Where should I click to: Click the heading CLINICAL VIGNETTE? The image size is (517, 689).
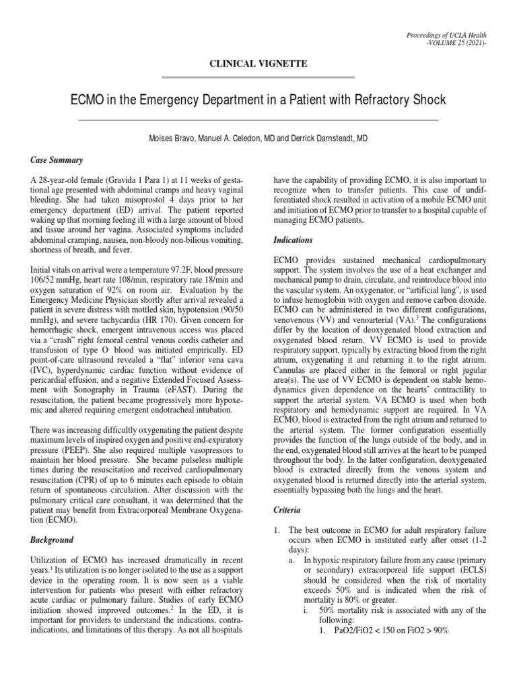click(258, 63)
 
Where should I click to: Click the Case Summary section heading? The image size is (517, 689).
click(57, 160)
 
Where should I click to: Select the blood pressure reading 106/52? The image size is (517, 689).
click(46, 278)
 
